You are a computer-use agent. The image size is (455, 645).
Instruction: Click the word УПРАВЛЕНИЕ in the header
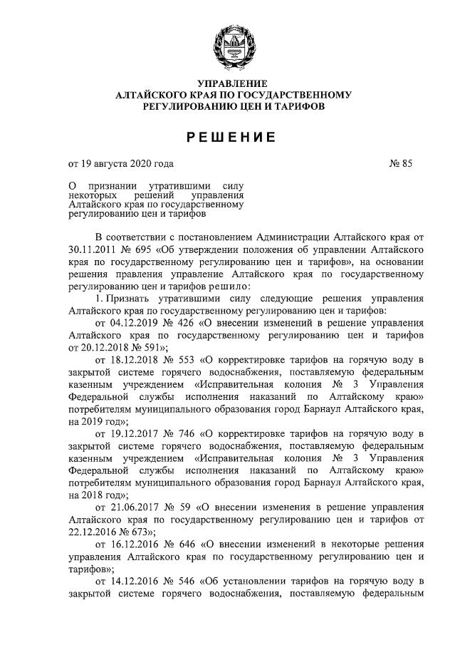(x=227, y=84)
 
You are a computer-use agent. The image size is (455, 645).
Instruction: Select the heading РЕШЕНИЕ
(x=227, y=136)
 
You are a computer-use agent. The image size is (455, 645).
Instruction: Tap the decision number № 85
(x=401, y=164)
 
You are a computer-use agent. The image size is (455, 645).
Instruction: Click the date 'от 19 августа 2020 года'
(x=120, y=164)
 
